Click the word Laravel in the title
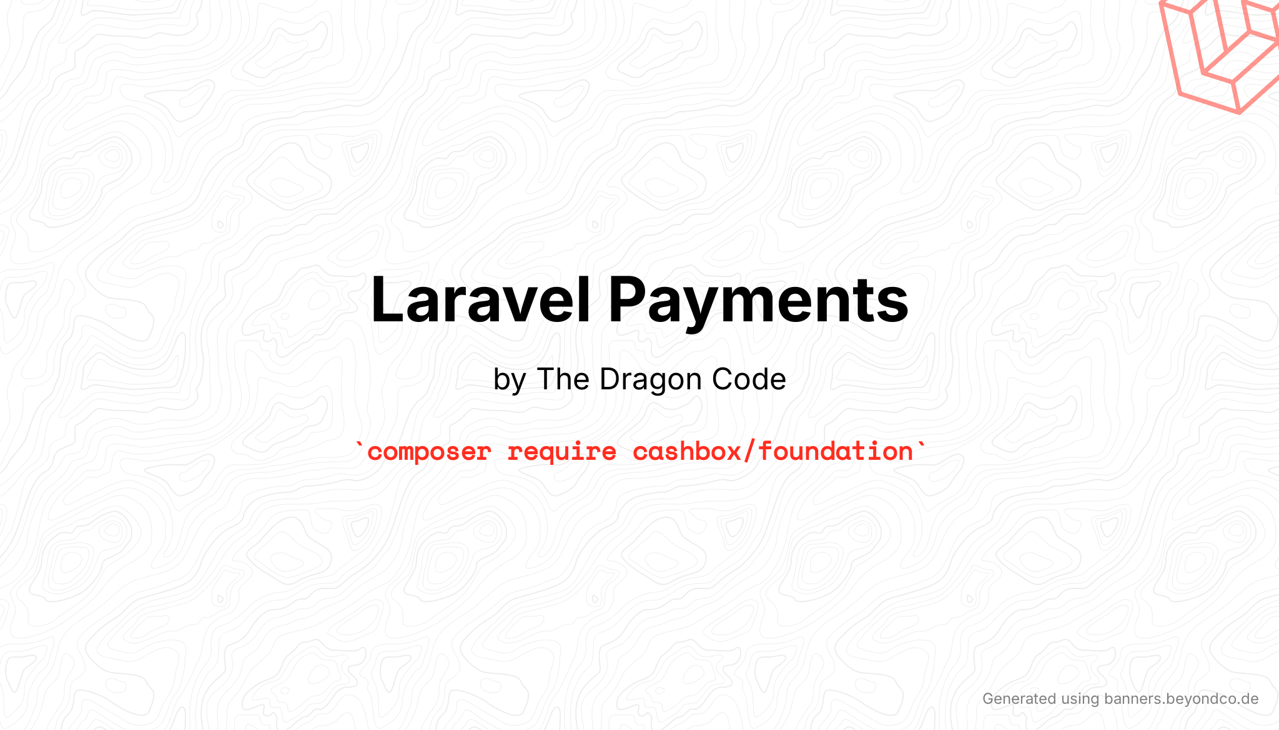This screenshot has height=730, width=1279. (x=480, y=299)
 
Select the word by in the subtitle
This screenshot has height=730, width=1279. (x=510, y=380)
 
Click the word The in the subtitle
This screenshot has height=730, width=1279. (x=563, y=379)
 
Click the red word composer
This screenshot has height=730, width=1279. (x=429, y=452)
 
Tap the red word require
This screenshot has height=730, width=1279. (x=562, y=452)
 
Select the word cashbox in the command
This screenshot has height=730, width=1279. (x=687, y=451)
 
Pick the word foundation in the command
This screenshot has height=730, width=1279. (x=836, y=451)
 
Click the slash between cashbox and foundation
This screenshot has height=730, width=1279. (x=749, y=451)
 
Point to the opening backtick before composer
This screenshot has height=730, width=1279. (x=359, y=444)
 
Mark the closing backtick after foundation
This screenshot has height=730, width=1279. (x=921, y=444)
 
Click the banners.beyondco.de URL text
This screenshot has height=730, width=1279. (x=1182, y=699)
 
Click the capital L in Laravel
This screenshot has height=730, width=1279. (x=388, y=299)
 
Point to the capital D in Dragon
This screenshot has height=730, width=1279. (x=611, y=379)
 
